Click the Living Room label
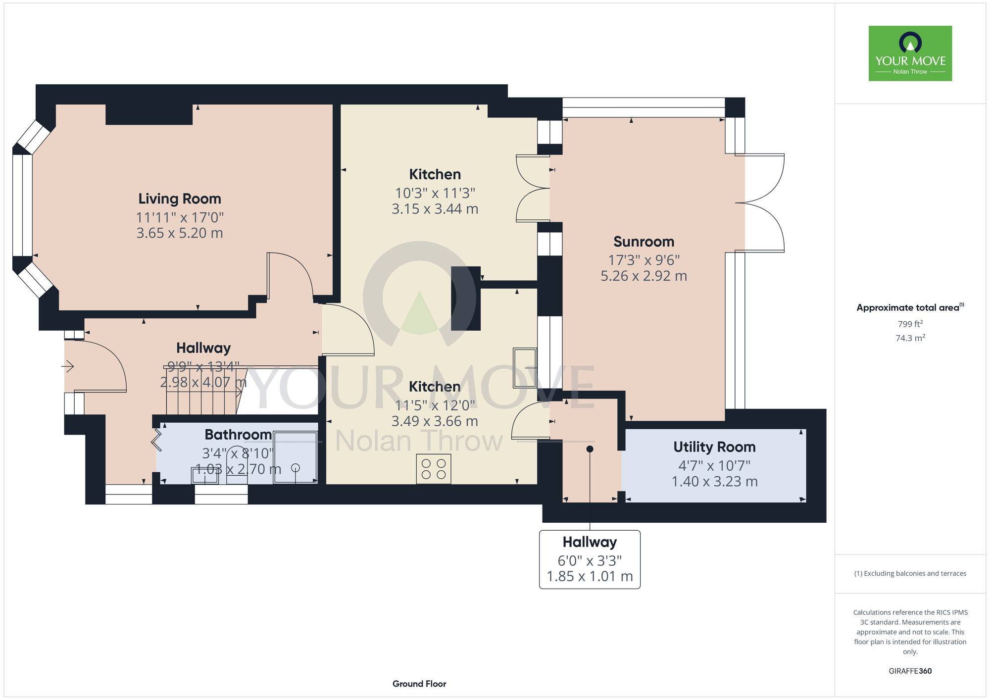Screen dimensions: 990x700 click(180, 199)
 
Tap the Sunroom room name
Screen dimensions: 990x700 click(643, 242)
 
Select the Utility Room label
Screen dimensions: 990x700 click(714, 447)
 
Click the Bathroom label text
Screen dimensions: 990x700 click(238, 435)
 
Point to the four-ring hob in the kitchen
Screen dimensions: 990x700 click(434, 469)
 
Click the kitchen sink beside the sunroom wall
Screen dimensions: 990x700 click(525, 368)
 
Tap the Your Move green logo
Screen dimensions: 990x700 click(910, 53)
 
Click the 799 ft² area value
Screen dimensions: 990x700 click(910, 324)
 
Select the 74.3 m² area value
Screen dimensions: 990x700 click(910, 338)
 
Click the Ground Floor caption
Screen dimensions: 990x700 click(419, 684)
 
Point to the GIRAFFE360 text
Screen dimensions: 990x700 click(910, 671)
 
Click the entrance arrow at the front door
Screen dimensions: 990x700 click(68, 366)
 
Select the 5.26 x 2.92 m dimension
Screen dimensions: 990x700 click(643, 276)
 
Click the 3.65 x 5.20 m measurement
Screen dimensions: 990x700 click(180, 233)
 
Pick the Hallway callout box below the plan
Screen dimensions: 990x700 click(590, 559)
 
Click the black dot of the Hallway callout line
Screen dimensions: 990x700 click(590, 449)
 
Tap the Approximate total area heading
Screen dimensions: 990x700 click(910, 307)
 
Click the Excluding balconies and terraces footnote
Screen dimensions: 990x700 click(910, 573)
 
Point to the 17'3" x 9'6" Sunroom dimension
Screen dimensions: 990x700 click(643, 260)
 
